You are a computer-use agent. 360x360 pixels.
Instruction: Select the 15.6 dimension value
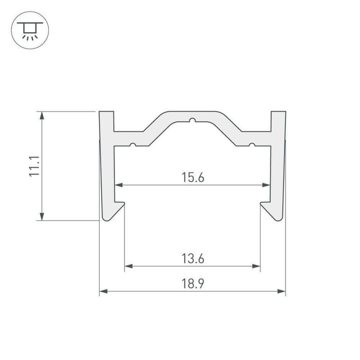click(x=192, y=177)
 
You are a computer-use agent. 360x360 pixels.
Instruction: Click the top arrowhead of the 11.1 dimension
click(x=42, y=114)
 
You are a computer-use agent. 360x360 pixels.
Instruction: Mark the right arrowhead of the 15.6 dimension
click(x=266, y=185)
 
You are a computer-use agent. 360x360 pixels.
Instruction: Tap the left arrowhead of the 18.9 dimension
click(x=103, y=290)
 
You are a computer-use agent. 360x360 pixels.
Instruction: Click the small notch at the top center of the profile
click(x=192, y=120)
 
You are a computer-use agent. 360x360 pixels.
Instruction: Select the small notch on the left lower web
click(x=132, y=145)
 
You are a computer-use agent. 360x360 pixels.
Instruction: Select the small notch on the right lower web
click(x=252, y=145)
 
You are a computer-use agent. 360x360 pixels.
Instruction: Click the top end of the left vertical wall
click(x=106, y=111)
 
